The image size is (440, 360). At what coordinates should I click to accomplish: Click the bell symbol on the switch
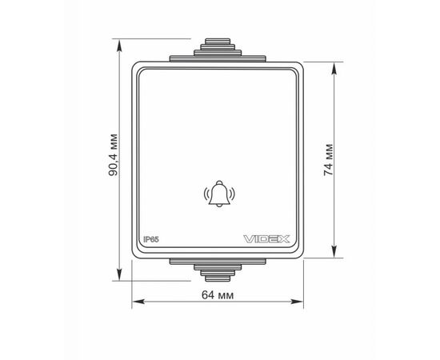219,194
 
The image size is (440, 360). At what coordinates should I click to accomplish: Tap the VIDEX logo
266,239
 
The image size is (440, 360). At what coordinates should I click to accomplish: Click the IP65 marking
151,239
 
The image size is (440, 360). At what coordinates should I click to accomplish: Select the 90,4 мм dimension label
113,155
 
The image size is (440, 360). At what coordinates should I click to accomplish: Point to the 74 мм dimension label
328,160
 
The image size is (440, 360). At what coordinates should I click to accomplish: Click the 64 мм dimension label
218,295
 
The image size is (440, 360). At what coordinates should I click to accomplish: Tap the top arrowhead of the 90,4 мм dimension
119,45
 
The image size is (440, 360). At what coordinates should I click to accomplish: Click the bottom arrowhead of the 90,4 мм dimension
119,274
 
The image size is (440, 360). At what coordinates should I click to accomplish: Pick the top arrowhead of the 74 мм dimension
334,68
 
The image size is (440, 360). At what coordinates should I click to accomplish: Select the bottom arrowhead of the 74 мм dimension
334,251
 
